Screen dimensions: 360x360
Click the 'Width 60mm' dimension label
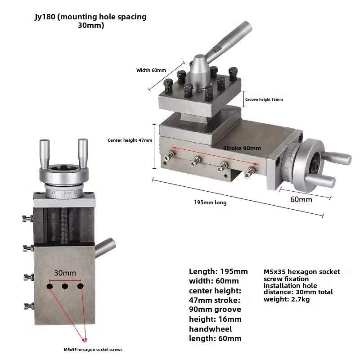(x=151, y=70)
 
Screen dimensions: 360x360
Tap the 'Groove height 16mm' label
(x=264, y=99)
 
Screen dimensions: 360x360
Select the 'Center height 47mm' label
(x=130, y=140)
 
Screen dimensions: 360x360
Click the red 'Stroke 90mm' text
(x=242, y=148)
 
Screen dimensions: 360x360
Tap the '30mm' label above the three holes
(x=65, y=273)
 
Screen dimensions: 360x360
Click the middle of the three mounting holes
(x=65, y=286)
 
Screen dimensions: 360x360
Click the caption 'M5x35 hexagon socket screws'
(x=93, y=350)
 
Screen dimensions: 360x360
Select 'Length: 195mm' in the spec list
(x=218, y=271)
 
